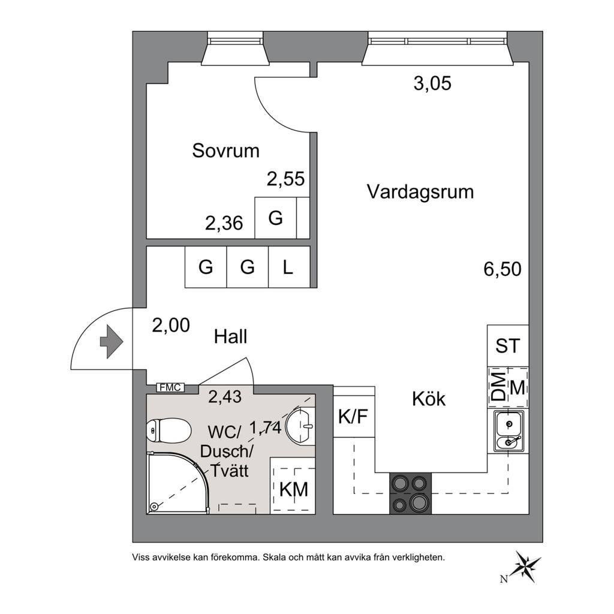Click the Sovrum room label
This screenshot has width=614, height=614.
(226, 151)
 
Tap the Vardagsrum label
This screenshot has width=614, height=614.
(420, 192)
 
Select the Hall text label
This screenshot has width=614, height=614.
(230, 337)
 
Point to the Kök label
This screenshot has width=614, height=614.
(429, 399)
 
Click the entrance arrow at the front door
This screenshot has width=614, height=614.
(112, 341)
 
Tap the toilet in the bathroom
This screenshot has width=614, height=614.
(168, 431)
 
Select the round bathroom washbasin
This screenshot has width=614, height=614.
(301, 426)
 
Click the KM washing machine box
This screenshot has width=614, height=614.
(293, 484)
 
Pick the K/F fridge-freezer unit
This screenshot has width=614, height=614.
(354, 416)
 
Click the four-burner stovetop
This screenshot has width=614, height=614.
(410, 493)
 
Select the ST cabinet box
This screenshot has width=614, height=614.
(508, 346)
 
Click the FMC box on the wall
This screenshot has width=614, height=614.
(171, 388)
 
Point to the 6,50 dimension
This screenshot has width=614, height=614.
(502, 269)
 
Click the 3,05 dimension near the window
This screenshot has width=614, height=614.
(432, 83)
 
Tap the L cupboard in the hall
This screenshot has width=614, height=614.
(289, 267)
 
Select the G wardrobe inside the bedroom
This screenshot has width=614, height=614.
(276, 218)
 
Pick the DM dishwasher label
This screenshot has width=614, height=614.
(498, 387)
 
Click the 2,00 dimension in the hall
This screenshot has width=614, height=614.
(171, 325)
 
